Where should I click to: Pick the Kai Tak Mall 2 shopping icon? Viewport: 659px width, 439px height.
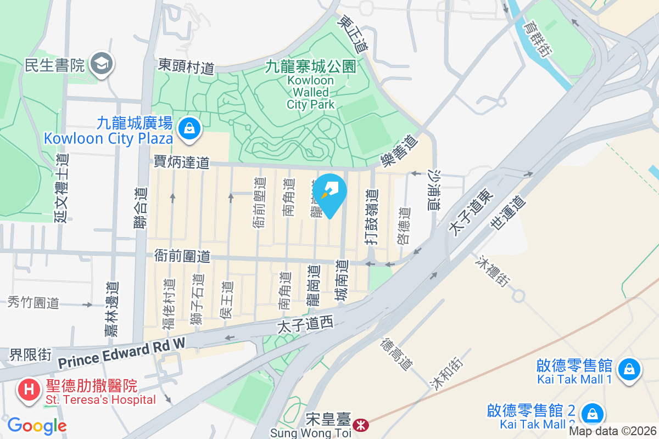(592, 413)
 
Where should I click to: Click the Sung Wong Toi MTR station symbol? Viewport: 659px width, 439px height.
(361, 424)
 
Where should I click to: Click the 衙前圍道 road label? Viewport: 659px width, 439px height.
(182, 256)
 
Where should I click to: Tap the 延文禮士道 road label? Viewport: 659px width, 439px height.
(61, 188)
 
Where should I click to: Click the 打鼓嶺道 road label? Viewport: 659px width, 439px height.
(372, 216)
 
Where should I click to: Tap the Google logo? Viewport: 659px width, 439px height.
(37, 426)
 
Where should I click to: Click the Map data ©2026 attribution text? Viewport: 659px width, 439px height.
(613, 431)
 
